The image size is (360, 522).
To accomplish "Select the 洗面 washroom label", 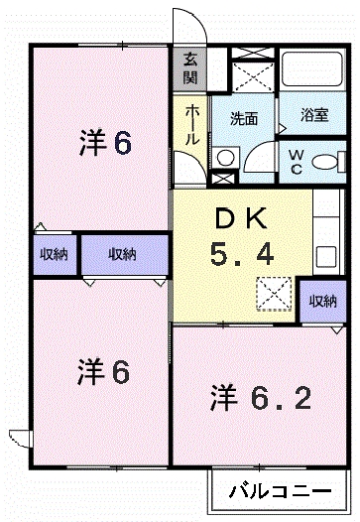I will pyautogui.click(x=245, y=118).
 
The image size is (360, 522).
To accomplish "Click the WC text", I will pyautogui.click(x=297, y=162).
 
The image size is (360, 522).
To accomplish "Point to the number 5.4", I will pyautogui.click(x=241, y=256).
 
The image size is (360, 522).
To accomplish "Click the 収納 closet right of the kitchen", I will pyautogui.click(x=322, y=302).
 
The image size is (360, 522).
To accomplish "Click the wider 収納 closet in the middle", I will pyautogui.click(x=123, y=254).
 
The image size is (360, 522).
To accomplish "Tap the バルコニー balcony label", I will pyautogui.click(x=283, y=490).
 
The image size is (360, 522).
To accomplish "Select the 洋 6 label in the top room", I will pyautogui.click(x=104, y=143).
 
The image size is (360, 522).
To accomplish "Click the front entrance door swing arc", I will pyautogui.click(x=187, y=24).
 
